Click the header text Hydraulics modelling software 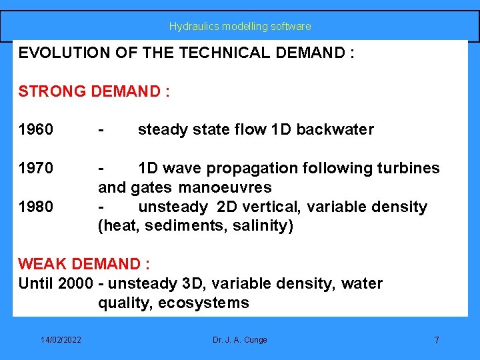click(x=240, y=27)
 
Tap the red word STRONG click(x=49, y=91)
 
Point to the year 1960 click(x=36, y=129)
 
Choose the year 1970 click(x=36, y=168)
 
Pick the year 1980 click(x=36, y=207)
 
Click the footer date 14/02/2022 click(x=61, y=340)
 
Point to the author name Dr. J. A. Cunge click(x=240, y=340)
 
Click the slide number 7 click(x=437, y=340)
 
